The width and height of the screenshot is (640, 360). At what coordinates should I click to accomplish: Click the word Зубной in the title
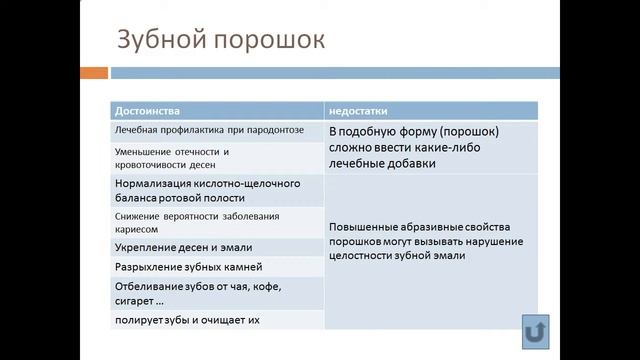tap(160, 42)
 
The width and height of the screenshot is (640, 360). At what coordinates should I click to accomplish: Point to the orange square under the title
tap(94, 73)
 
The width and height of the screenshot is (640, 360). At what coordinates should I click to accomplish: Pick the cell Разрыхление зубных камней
tap(189, 267)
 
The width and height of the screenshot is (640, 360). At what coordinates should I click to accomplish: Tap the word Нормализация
tap(159, 184)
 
